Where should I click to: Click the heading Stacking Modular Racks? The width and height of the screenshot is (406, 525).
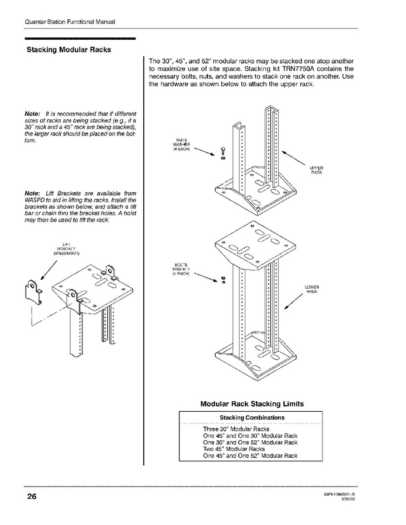tap(69, 49)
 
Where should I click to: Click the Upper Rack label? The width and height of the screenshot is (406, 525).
tap(316, 170)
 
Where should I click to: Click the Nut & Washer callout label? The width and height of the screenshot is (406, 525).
tap(182, 144)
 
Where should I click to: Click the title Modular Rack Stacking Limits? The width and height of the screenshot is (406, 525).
tap(252, 404)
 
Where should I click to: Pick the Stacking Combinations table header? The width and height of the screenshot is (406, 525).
tap(252, 418)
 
